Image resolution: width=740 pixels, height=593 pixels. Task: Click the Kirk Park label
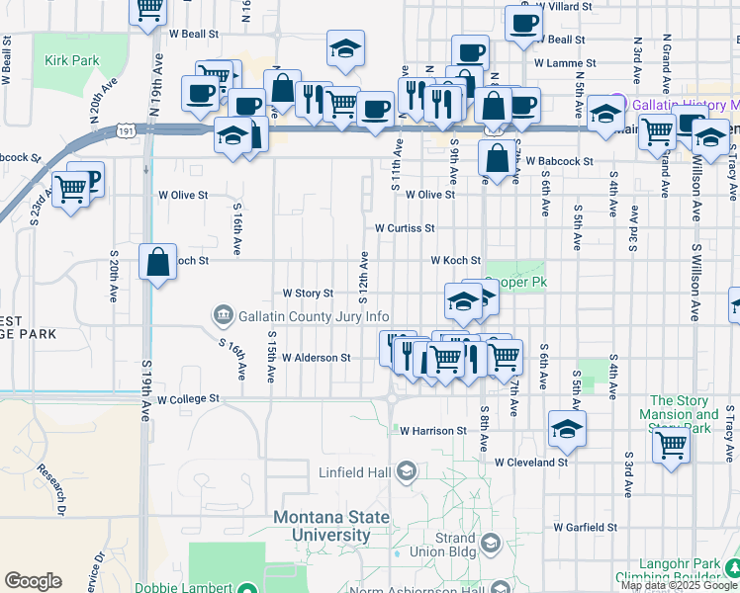[72, 60]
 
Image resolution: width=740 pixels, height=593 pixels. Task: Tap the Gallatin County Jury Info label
[301, 316]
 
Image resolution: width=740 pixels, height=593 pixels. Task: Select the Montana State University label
[335, 526]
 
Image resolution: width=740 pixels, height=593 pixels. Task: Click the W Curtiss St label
[405, 228]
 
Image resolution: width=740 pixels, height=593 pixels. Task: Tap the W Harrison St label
[433, 431]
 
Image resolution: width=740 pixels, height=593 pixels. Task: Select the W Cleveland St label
[531, 462]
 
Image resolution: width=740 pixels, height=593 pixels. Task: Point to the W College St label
[187, 399]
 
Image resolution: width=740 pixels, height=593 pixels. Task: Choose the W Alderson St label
[317, 358]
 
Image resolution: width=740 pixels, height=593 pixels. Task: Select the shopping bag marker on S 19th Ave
[158, 263]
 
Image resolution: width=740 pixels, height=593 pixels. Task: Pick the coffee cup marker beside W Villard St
[523, 24]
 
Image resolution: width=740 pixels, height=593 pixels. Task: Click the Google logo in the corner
[33, 581]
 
